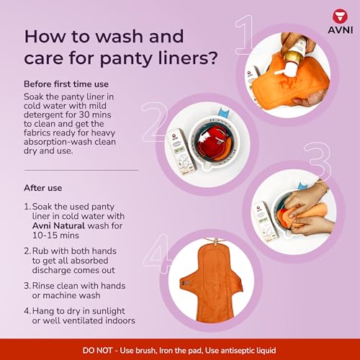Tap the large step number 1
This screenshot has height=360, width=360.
click(x=243, y=37)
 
